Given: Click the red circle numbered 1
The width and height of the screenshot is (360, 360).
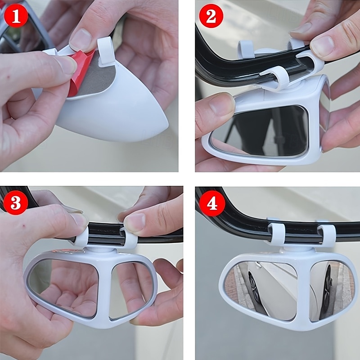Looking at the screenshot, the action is [16, 16].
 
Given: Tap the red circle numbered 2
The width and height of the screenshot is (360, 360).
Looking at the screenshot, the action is [211, 16].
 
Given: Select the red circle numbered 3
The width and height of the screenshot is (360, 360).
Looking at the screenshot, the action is [16, 202].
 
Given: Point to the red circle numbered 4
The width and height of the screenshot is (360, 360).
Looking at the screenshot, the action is [212, 203].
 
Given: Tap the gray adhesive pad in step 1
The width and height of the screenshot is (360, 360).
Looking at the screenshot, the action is [96, 78].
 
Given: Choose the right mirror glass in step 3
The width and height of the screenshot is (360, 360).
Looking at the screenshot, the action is [129, 290].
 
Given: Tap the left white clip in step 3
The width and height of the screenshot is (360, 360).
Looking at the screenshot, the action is [81, 237].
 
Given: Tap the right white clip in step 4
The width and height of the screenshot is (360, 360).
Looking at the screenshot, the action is [326, 235].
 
